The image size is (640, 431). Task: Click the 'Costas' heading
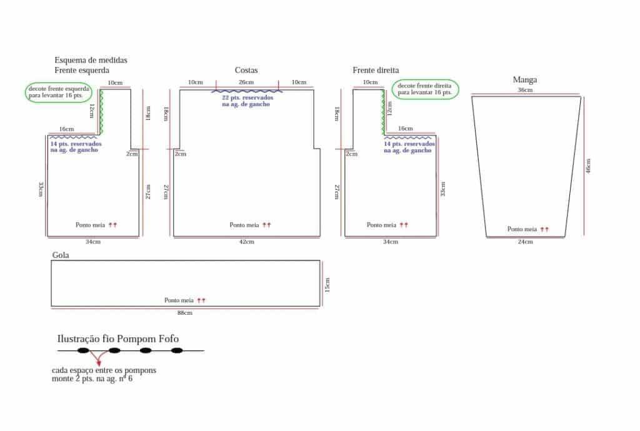[246, 70]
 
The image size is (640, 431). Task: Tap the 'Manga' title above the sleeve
[525, 79]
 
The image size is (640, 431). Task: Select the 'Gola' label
[61, 255]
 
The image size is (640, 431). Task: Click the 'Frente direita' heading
[376, 70]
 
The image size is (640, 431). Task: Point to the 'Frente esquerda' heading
[82, 70]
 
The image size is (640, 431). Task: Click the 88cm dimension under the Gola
[184, 313]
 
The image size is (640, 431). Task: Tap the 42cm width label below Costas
[246, 242]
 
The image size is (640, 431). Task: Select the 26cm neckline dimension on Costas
[246, 82]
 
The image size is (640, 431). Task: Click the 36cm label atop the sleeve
[525, 90]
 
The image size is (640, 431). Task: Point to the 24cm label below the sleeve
[525, 242]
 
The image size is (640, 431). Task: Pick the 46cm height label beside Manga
[588, 166]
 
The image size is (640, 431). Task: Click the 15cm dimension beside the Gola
[327, 285]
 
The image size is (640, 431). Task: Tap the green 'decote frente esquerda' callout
[58, 92]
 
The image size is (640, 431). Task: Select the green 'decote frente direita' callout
[425, 89]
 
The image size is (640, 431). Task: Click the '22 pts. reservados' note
[247, 101]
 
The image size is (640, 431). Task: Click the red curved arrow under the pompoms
[97, 358]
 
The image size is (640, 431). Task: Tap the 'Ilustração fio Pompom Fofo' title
[118, 339]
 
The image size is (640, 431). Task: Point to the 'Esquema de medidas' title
[91, 60]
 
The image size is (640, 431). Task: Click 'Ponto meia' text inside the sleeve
[522, 229]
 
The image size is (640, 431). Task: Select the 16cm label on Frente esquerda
[66, 129]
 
